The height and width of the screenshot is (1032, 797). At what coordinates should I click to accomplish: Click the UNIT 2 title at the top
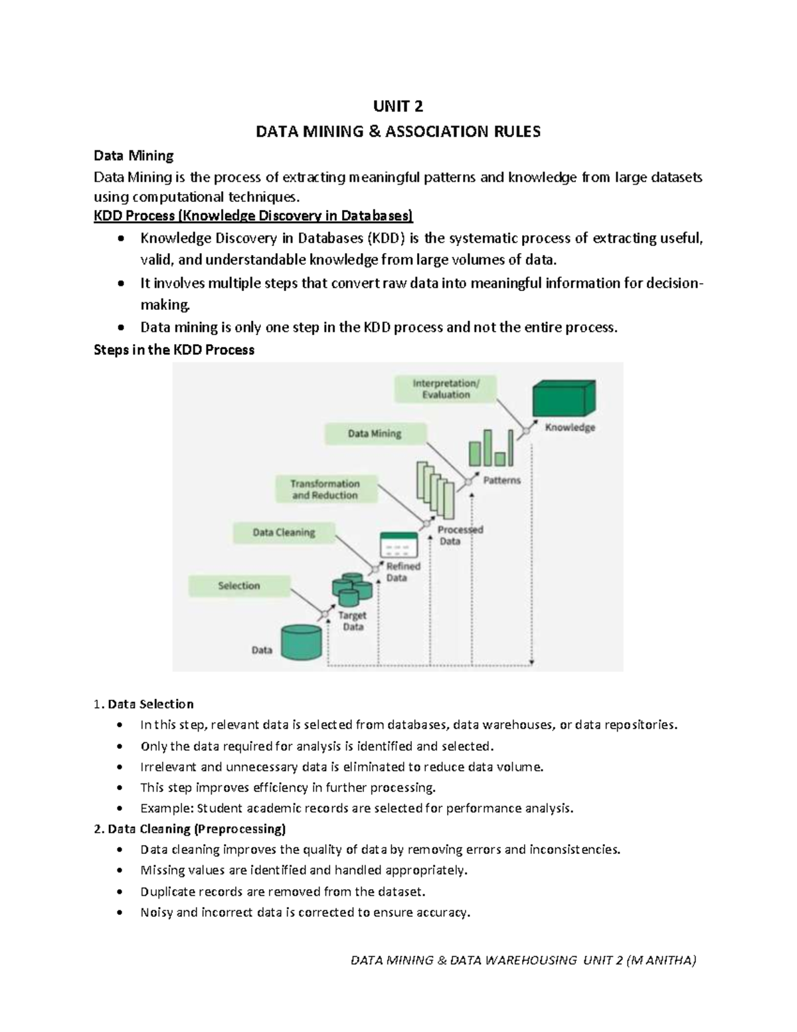pyautogui.click(x=398, y=106)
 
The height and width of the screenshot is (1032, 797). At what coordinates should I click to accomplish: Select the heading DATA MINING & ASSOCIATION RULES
pyautogui.click(x=398, y=132)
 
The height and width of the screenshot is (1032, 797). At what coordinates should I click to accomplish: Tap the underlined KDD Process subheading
pyautogui.click(x=253, y=216)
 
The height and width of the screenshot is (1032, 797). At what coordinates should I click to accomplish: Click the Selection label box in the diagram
pyautogui.click(x=239, y=585)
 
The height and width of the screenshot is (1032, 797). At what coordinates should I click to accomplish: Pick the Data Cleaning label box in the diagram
pyautogui.click(x=284, y=533)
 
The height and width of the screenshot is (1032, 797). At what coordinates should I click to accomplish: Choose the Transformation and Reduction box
pyautogui.click(x=325, y=489)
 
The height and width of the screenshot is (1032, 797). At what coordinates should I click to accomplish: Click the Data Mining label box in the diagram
pyautogui.click(x=375, y=434)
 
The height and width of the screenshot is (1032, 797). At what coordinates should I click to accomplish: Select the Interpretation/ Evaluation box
pyautogui.click(x=446, y=389)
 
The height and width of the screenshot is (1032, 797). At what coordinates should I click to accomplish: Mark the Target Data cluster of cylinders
pyautogui.click(x=353, y=589)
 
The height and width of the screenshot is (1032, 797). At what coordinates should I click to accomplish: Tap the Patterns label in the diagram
pyautogui.click(x=502, y=480)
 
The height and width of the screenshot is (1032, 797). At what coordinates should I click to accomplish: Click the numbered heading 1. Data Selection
pyautogui.click(x=144, y=704)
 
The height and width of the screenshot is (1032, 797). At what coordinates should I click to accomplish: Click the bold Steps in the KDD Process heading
pyautogui.click(x=174, y=350)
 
